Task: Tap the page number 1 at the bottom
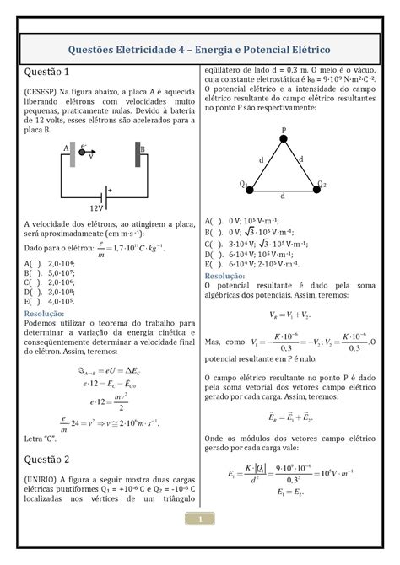(200, 544)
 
